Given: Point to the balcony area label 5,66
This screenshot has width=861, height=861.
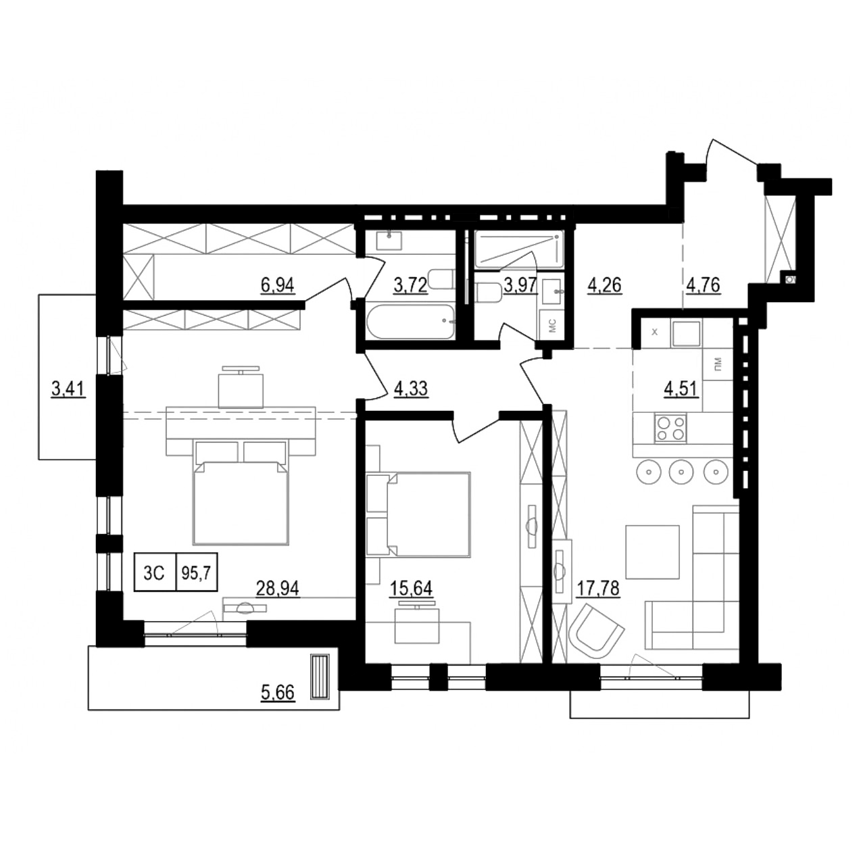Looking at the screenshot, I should (278, 693).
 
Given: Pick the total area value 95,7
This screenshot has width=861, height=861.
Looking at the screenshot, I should (196, 572).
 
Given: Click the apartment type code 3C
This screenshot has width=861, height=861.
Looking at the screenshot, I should (155, 572).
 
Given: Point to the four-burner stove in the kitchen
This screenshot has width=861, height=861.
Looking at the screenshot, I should (670, 428).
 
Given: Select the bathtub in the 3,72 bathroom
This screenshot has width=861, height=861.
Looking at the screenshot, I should (410, 322).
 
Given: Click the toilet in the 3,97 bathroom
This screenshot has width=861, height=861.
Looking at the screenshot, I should (487, 292).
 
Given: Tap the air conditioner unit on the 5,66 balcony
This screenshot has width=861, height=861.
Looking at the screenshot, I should (320, 676).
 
